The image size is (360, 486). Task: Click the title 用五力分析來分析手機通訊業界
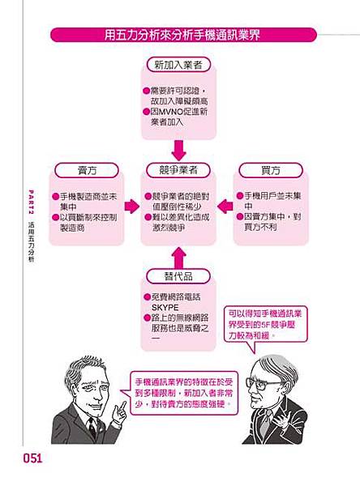tap(180, 35)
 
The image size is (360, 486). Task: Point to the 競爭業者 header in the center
tap(179, 171)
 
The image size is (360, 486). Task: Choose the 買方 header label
tap(271, 171)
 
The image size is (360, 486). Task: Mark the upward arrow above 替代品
tap(179, 257)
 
